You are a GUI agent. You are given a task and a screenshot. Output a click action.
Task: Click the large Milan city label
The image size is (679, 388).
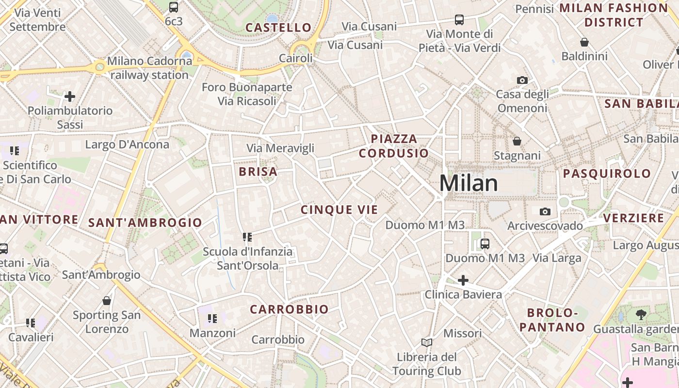pyautogui.click(x=469, y=183)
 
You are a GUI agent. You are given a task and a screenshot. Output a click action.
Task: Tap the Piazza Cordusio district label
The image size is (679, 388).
pyautogui.click(x=394, y=146)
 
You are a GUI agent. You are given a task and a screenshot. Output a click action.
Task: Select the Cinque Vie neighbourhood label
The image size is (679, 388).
pyautogui.click(x=339, y=210)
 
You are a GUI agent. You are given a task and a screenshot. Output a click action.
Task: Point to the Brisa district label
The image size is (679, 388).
pyautogui.click(x=258, y=171)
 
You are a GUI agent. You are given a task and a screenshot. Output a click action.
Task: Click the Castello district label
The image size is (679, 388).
pyautogui.click(x=278, y=28)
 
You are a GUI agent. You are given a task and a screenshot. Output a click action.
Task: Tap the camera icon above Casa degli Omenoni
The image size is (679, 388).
pyautogui.click(x=522, y=80)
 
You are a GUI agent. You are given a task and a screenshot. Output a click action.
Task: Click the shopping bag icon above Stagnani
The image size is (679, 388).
pyautogui.click(x=517, y=141)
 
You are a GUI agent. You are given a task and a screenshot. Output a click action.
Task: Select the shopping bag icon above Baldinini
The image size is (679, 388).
pyautogui.click(x=584, y=43)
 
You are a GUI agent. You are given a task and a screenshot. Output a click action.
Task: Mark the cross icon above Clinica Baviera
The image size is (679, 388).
pyautogui.click(x=463, y=280)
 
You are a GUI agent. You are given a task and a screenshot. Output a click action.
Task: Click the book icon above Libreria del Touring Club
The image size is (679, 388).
pyautogui.click(x=427, y=343)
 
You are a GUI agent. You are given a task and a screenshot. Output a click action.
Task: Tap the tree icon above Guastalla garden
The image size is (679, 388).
pyautogui.click(x=641, y=315)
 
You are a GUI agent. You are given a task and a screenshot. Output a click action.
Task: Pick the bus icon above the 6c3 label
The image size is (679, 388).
pyautogui.click(x=174, y=7)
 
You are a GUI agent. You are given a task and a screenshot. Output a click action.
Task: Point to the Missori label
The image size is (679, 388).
pyautogui.click(x=463, y=333)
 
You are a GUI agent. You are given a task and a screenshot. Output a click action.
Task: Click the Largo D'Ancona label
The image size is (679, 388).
pyautogui.click(x=127, y=145)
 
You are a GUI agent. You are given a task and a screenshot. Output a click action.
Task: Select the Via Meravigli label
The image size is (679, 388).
pyautogui.click(x=280, y=148)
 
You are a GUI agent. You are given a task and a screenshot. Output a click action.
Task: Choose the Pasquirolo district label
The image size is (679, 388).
pyautogui.click(x=607, y=173)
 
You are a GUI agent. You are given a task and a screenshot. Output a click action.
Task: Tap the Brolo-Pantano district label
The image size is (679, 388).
pyautogui.click(x=552, y=320)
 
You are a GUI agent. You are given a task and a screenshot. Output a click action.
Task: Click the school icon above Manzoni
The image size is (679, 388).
pyautogui.click(x=212, y=319)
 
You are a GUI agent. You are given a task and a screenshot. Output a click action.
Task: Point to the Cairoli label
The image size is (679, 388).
pyautogui.click(x=295, y=58)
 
